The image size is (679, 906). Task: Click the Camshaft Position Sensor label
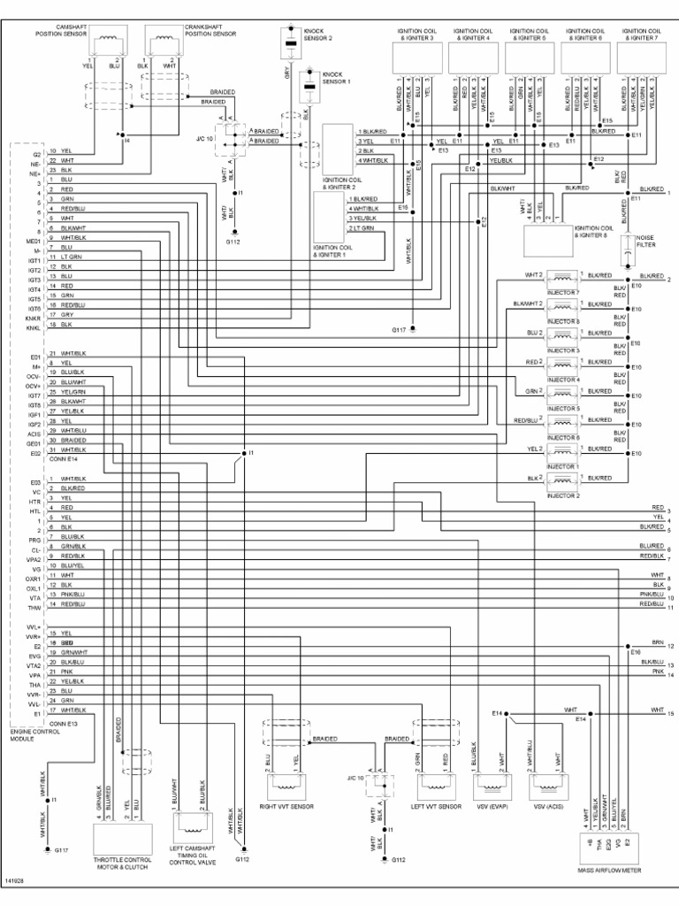point(59,31)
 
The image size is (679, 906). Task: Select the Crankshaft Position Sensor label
point(210,31)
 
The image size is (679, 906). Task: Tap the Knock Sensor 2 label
point(319,36)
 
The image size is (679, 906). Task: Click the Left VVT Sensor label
point(437,807)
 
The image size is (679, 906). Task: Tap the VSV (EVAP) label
point(492,807)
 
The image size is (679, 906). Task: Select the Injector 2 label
point(564,495)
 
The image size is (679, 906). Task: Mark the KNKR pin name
point(34,316)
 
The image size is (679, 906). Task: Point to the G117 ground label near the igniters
point(398,330)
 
